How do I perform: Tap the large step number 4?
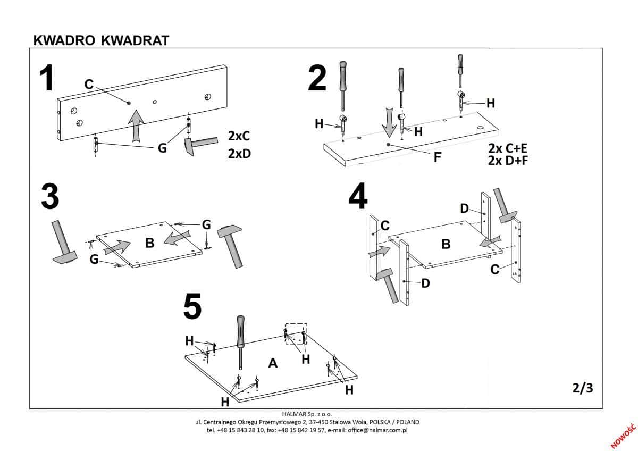358,198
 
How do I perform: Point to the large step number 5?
192,307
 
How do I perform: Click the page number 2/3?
583,388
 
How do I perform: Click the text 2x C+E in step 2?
507,148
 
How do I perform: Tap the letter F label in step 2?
437,157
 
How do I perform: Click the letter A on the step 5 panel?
273,363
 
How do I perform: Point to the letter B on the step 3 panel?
149,243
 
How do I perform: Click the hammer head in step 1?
189,147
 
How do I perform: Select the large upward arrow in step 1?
137,124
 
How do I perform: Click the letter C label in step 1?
89,84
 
